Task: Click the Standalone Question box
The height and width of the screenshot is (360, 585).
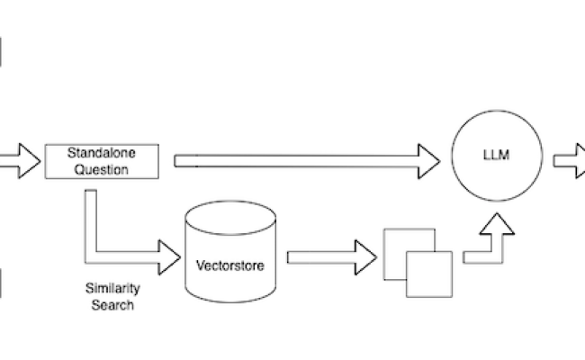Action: coord(101,160)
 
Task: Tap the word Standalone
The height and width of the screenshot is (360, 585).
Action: coord(101,153)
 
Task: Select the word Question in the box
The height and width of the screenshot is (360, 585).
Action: coord(101,167)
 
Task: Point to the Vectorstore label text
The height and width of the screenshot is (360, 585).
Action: coord(230,266)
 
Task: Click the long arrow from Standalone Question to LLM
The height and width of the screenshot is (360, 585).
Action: coord(297,160)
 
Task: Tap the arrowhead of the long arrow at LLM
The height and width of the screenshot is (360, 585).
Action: coord(429,160)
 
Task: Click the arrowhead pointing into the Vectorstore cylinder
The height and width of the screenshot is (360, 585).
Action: coord(169,256)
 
